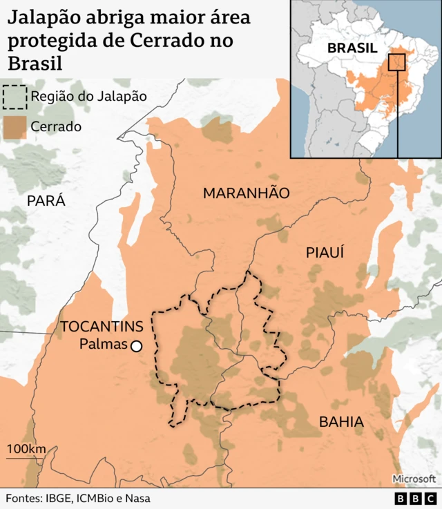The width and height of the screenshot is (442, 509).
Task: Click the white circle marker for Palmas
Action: click(137, 346)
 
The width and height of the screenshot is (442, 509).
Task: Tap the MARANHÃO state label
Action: click(246, 193)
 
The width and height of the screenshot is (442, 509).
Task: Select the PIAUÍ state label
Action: click(325, 253)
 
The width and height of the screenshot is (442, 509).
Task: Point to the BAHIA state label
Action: click(340, 421)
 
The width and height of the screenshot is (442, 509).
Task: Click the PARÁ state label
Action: click(46, 200)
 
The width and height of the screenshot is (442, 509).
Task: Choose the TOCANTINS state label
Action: click(102, 327)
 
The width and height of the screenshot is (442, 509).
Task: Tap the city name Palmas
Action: click(103, 344)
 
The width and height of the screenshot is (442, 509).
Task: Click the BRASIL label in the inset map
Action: click(352, 48)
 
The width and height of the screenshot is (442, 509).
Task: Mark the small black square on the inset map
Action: click(396, 62)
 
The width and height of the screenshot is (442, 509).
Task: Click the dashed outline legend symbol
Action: click(15, 97)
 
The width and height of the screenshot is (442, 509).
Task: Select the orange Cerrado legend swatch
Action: click(15, 126)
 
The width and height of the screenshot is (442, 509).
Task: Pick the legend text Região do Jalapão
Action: click(88, 97)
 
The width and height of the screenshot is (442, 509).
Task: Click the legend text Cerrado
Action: click(56, 126)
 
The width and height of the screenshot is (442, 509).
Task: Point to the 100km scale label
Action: click(26, 450)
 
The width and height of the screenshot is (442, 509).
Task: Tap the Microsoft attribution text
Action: click(414, 479)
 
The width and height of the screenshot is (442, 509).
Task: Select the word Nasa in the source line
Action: click(136, 498)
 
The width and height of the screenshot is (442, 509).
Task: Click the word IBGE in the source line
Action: click(57, 498)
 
